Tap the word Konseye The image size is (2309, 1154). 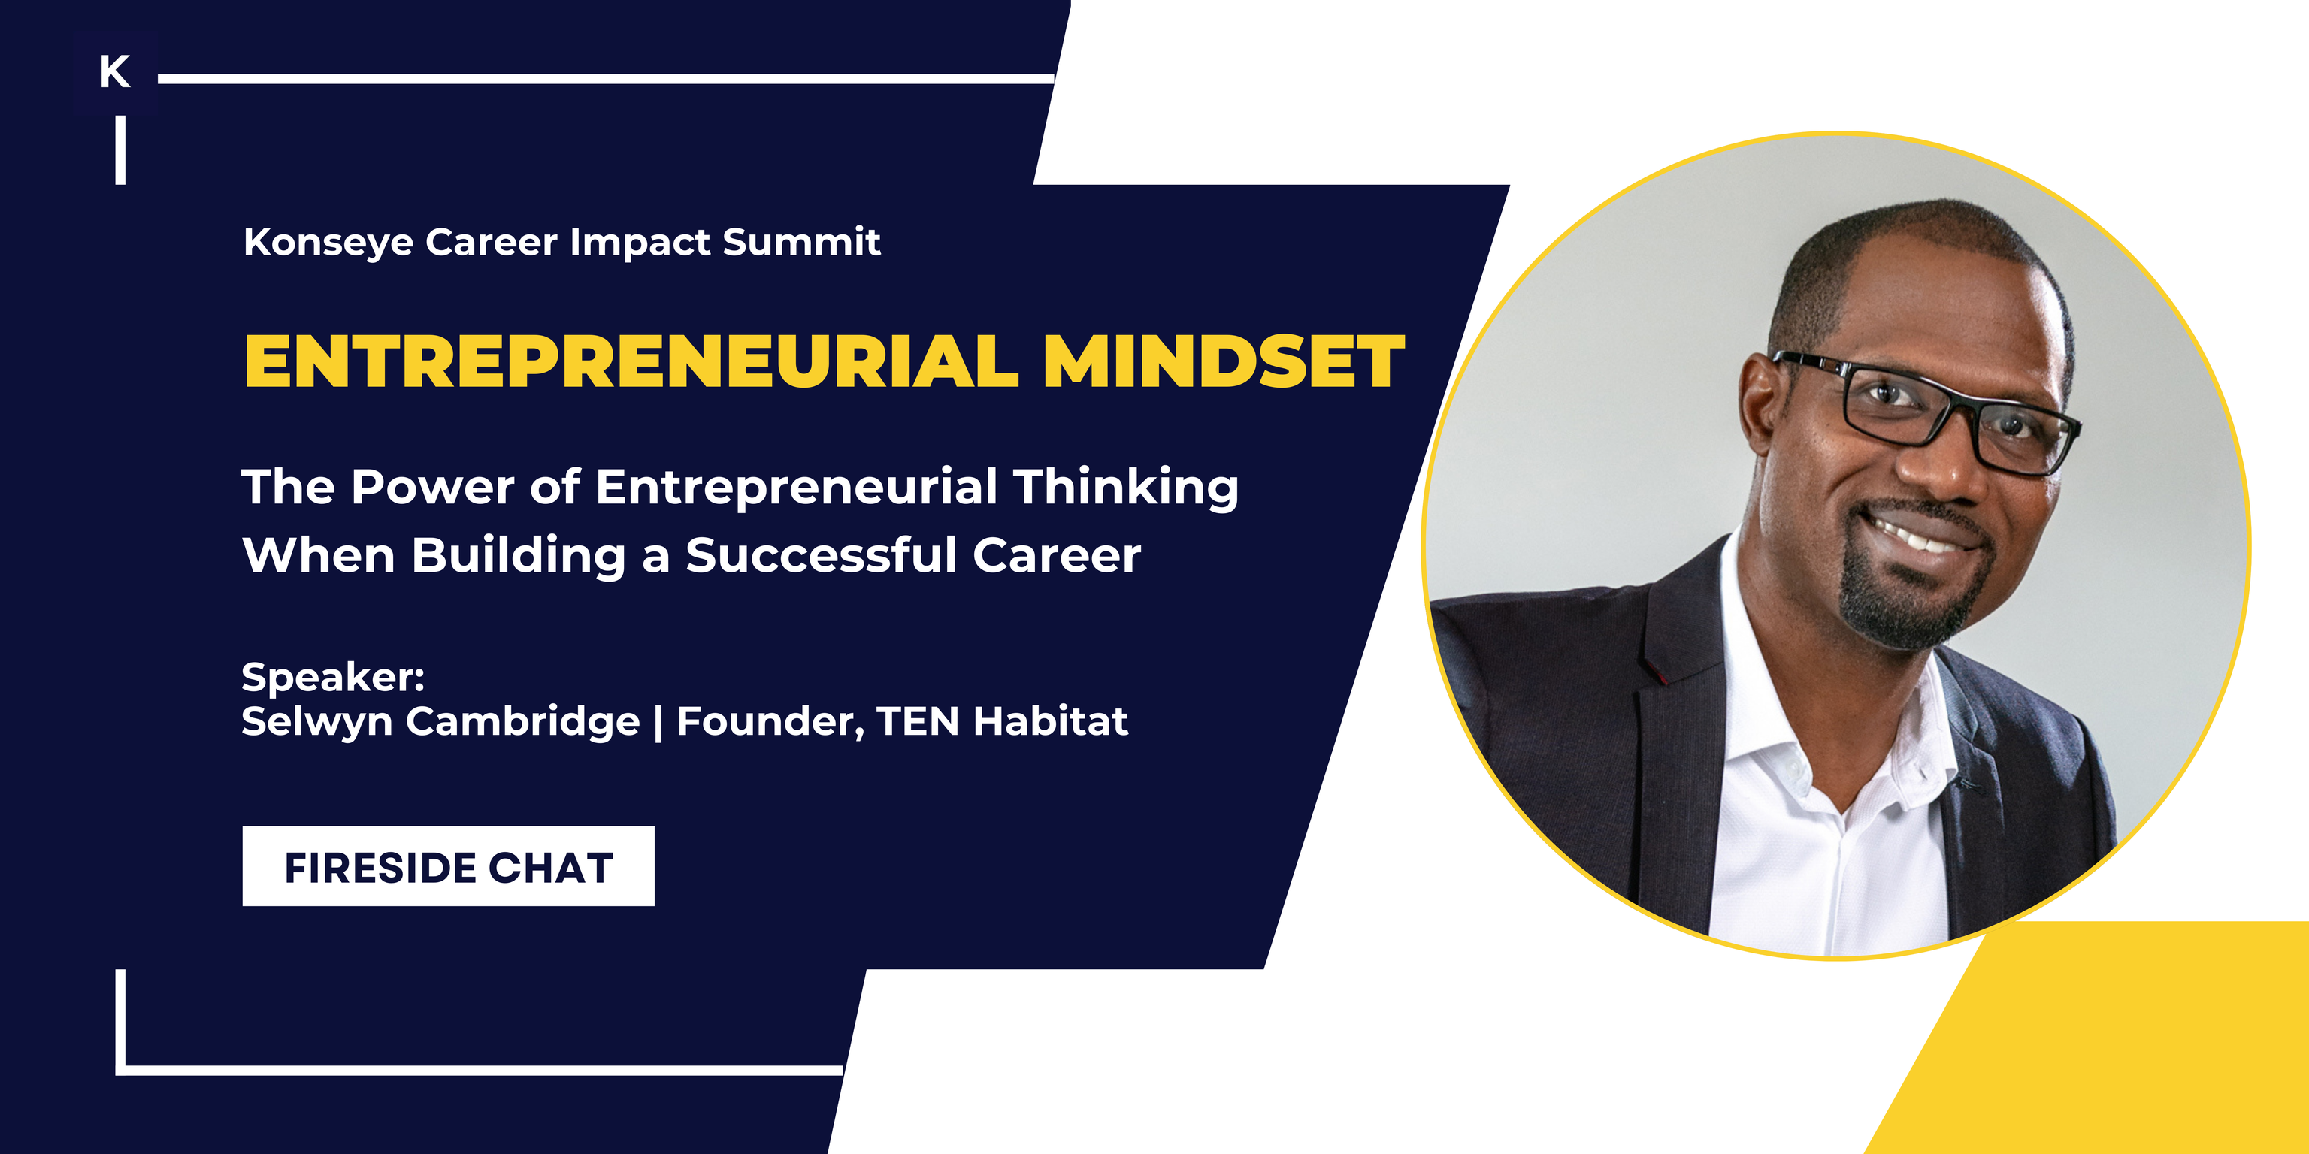328,243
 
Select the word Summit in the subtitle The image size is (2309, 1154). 801,242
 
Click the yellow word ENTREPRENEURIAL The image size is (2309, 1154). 631,362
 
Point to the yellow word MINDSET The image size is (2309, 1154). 1224,362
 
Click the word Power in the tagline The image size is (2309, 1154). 432,488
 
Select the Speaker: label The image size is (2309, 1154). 332,678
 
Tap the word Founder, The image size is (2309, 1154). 770,722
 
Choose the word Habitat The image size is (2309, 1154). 1051,722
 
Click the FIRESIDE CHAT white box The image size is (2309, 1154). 448,866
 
